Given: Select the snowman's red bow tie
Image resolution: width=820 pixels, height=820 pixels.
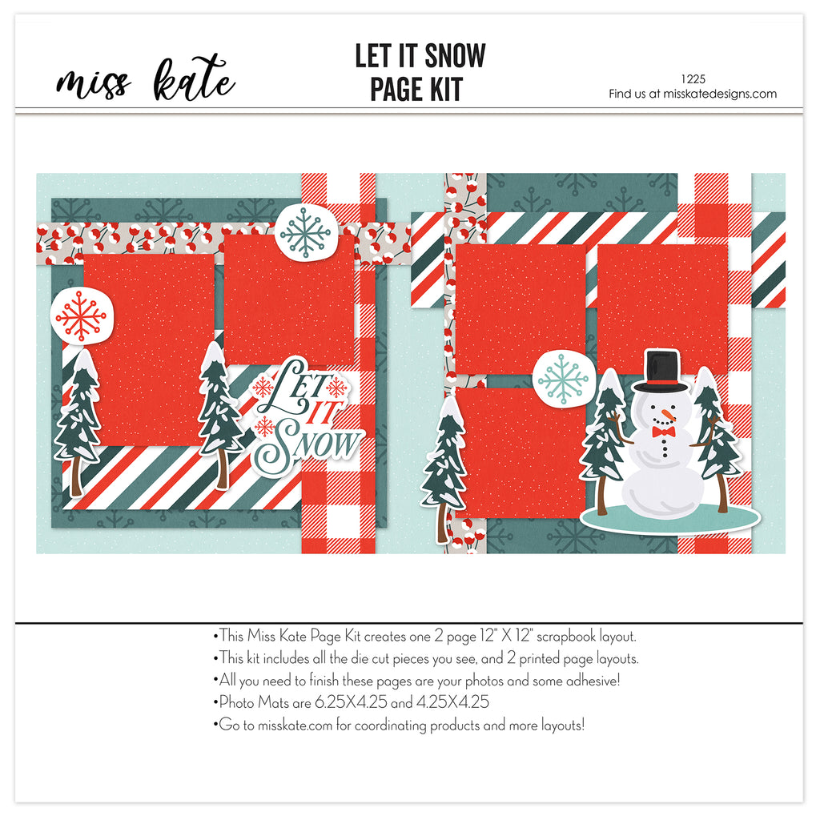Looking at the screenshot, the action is click(663, 432).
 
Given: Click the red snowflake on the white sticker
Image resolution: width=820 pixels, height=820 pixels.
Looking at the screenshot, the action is click(81, 316).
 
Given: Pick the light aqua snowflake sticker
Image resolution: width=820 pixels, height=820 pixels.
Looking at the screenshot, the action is click(563, 378).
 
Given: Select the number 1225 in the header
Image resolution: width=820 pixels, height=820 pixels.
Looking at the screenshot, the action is click(693, 79).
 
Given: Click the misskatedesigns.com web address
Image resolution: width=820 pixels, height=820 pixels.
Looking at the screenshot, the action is click(720, 94).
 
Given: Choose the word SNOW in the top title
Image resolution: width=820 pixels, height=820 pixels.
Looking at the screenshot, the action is click(455, 55).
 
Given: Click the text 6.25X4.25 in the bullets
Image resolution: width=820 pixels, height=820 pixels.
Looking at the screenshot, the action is click(350, 702).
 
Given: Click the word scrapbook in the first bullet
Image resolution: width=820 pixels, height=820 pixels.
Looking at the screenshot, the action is click(566, 637).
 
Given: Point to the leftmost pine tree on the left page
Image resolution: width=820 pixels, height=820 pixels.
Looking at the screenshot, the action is click(78, 423).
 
